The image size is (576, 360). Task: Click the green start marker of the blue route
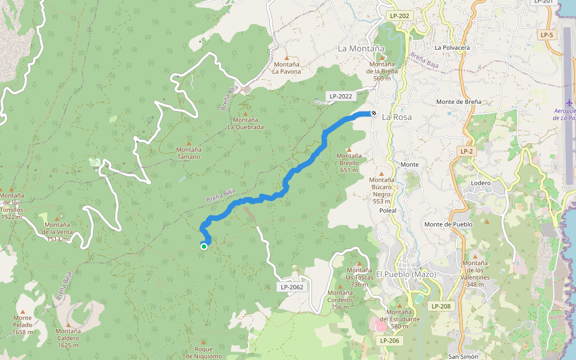(x=204, y=246)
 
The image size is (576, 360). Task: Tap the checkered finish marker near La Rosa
(x=373, y=112)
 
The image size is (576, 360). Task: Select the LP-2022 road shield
(x=341, y=96)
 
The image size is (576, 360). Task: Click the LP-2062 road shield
(x=292, y=287)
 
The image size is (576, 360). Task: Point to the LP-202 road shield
(x=400, y=16)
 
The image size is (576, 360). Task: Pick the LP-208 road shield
(x=440, y=306)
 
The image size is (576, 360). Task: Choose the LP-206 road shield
(x=389, y=340)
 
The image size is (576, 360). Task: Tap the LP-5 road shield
(x=547, y=35)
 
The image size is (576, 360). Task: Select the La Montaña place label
(x=361, y=48)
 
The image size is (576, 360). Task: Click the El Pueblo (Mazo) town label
(x=406, y=274)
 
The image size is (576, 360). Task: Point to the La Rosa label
(x=397, y=117)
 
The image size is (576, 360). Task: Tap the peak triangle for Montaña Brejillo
(x=349, y=149)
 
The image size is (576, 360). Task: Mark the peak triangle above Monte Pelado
(x=23, y=312)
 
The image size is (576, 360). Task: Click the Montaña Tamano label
(x=188, y=153)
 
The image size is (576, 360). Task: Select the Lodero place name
(x=481, y=183)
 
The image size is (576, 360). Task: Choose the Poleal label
(x=388, y=211)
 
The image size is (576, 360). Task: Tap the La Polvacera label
(x=452, y=47)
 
